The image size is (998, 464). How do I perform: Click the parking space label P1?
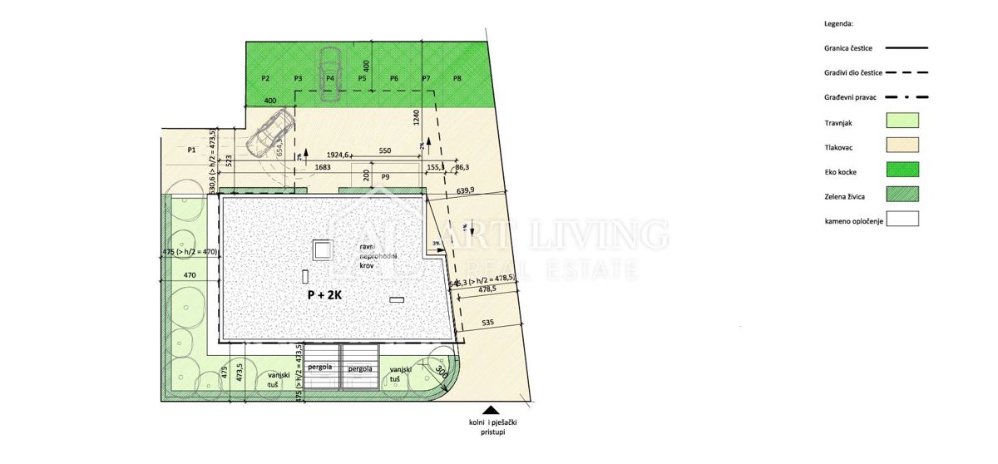191,151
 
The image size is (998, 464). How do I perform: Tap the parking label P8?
457,78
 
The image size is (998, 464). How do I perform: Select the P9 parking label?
385,177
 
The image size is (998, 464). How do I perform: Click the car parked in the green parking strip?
330,73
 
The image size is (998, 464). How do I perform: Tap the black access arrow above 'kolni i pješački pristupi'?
492,410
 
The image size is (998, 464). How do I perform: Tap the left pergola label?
320,368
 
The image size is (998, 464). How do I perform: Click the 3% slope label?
437,243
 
